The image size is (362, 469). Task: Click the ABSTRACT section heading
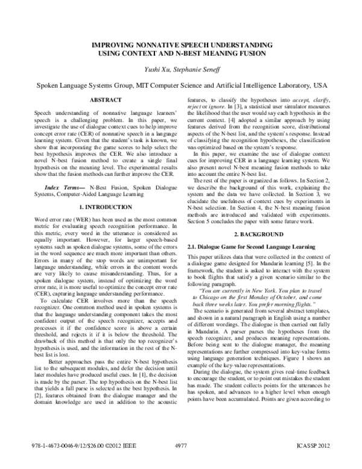106,99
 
